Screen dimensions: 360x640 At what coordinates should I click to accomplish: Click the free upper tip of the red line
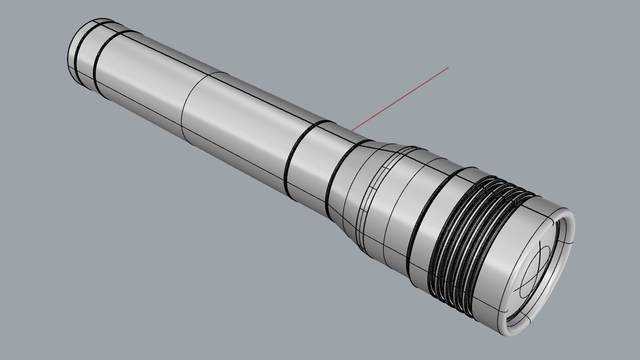coord(448,67)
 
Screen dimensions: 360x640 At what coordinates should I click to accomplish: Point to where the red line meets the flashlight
coord(353,129)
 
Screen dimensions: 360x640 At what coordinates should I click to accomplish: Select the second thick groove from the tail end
coord(95,63)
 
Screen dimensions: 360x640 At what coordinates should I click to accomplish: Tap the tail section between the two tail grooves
coord(86,57)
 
